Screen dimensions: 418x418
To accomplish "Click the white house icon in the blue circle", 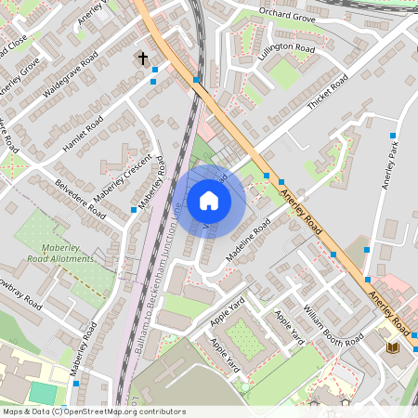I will (209, 200).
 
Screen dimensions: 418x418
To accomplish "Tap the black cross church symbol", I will (143, 59).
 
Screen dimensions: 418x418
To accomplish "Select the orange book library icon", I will (392, 346).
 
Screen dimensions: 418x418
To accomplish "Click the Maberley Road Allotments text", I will (68, 254).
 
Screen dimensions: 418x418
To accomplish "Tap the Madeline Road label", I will (248, 239).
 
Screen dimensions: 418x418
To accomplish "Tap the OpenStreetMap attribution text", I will (94, 411).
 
